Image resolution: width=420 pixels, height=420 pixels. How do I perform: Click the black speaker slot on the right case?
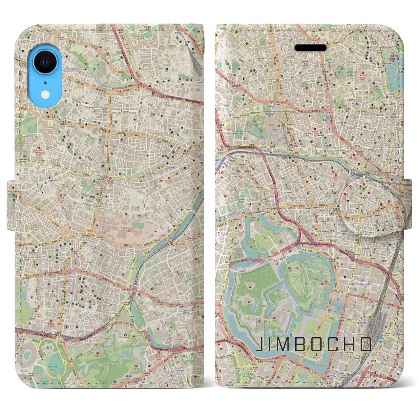(310, 48)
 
